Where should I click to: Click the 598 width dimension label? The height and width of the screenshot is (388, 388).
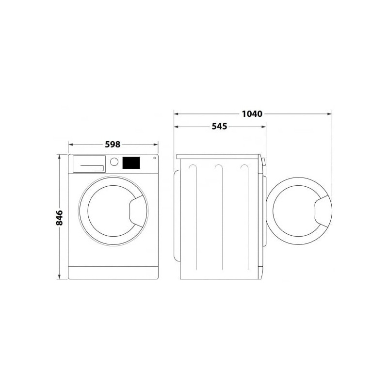[x=113, y=144]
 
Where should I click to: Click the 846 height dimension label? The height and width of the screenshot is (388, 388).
[x=59, y=218]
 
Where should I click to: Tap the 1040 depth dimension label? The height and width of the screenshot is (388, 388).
[x=252, y=114]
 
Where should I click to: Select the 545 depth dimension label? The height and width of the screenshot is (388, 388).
[x=220, y=127]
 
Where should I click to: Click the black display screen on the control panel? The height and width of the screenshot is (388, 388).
[x=131, y=163]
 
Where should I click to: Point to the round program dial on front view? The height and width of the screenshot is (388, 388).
[x=114, y=162]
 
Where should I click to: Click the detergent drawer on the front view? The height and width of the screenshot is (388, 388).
[x=89, y=164]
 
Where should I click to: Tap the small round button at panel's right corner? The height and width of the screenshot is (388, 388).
[x=154, y=158]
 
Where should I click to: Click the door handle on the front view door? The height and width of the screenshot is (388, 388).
[x=138, y=211]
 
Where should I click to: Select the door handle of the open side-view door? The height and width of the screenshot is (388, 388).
[x=323, y=211]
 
